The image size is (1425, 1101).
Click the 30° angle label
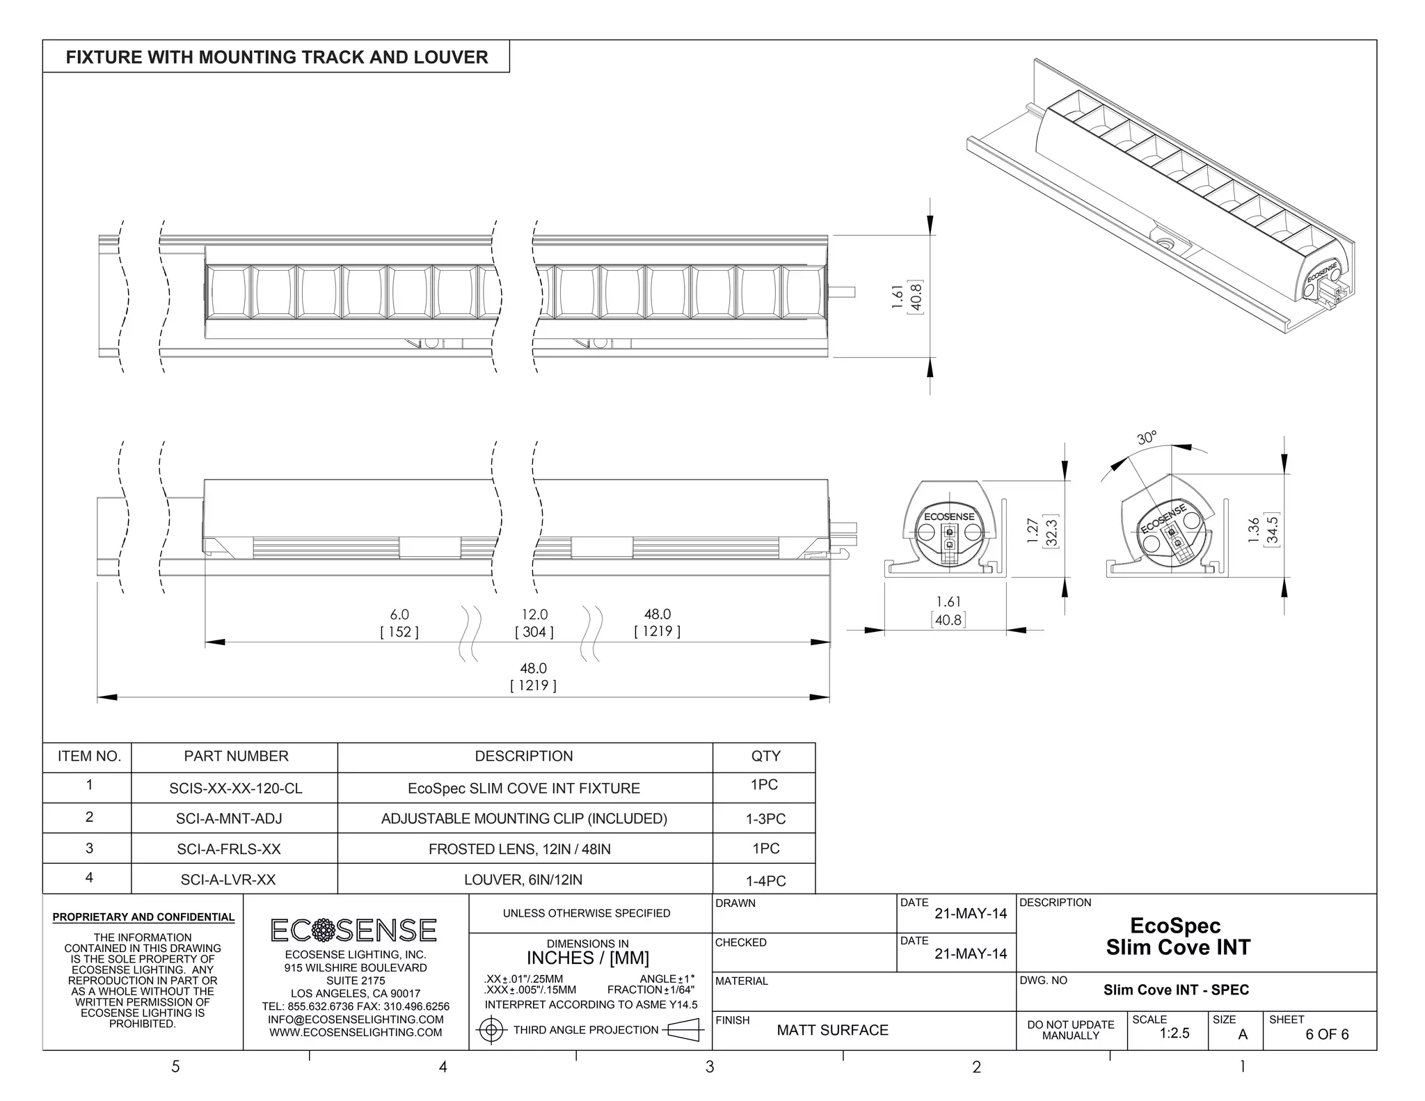1147,438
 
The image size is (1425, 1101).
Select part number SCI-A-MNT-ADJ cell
229,818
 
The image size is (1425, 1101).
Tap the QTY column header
765,757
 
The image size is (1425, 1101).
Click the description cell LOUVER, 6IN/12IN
523,880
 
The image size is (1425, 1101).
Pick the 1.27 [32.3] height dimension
1041,532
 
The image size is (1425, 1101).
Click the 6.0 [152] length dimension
399,623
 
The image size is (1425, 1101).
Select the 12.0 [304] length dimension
534,623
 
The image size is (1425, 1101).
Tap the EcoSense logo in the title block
353,930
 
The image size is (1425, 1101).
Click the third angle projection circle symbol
491,1030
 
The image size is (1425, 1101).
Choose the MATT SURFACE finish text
832,1030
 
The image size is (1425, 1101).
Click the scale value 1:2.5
1174,1033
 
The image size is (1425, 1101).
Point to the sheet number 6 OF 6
1326,1034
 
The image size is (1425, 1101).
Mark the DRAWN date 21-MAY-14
970,914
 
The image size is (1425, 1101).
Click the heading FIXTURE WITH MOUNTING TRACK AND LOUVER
277,57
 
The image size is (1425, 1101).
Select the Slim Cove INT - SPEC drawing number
1176,990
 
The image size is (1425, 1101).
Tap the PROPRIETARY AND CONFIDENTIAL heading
143,917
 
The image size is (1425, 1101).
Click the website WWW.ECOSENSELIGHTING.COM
356,1032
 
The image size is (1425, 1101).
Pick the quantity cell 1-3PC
765,819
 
